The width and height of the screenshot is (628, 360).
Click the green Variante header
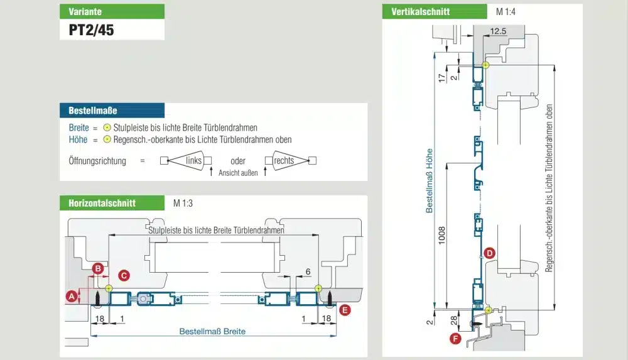pyautogui.click(x=112, y=11)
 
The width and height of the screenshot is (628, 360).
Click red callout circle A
pyautogui.click(x=72, y=295)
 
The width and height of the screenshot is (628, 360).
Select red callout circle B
pyautogui.click(x=98, y=269)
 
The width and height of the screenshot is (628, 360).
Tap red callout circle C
pyautogui.click(x=124, y=275)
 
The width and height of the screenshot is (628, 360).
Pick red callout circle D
pyautogui.click(x=490, y=253)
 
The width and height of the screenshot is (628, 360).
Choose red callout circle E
pyautogui.click(x=344, y=309)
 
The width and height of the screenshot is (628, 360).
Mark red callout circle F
pyautogui.click(x=456, y=339)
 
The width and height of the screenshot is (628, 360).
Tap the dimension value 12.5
pyautogui.click(x=498, y=31)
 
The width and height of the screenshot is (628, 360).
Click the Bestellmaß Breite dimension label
pyautogui.click(x=212, y=331)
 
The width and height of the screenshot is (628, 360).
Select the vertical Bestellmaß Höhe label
pyautogui.click(x=430, y=180)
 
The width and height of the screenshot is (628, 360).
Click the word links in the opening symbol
pyautogui.click(x=194, y=161)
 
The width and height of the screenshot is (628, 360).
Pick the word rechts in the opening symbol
pyautogui.click(x=284, y=161)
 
